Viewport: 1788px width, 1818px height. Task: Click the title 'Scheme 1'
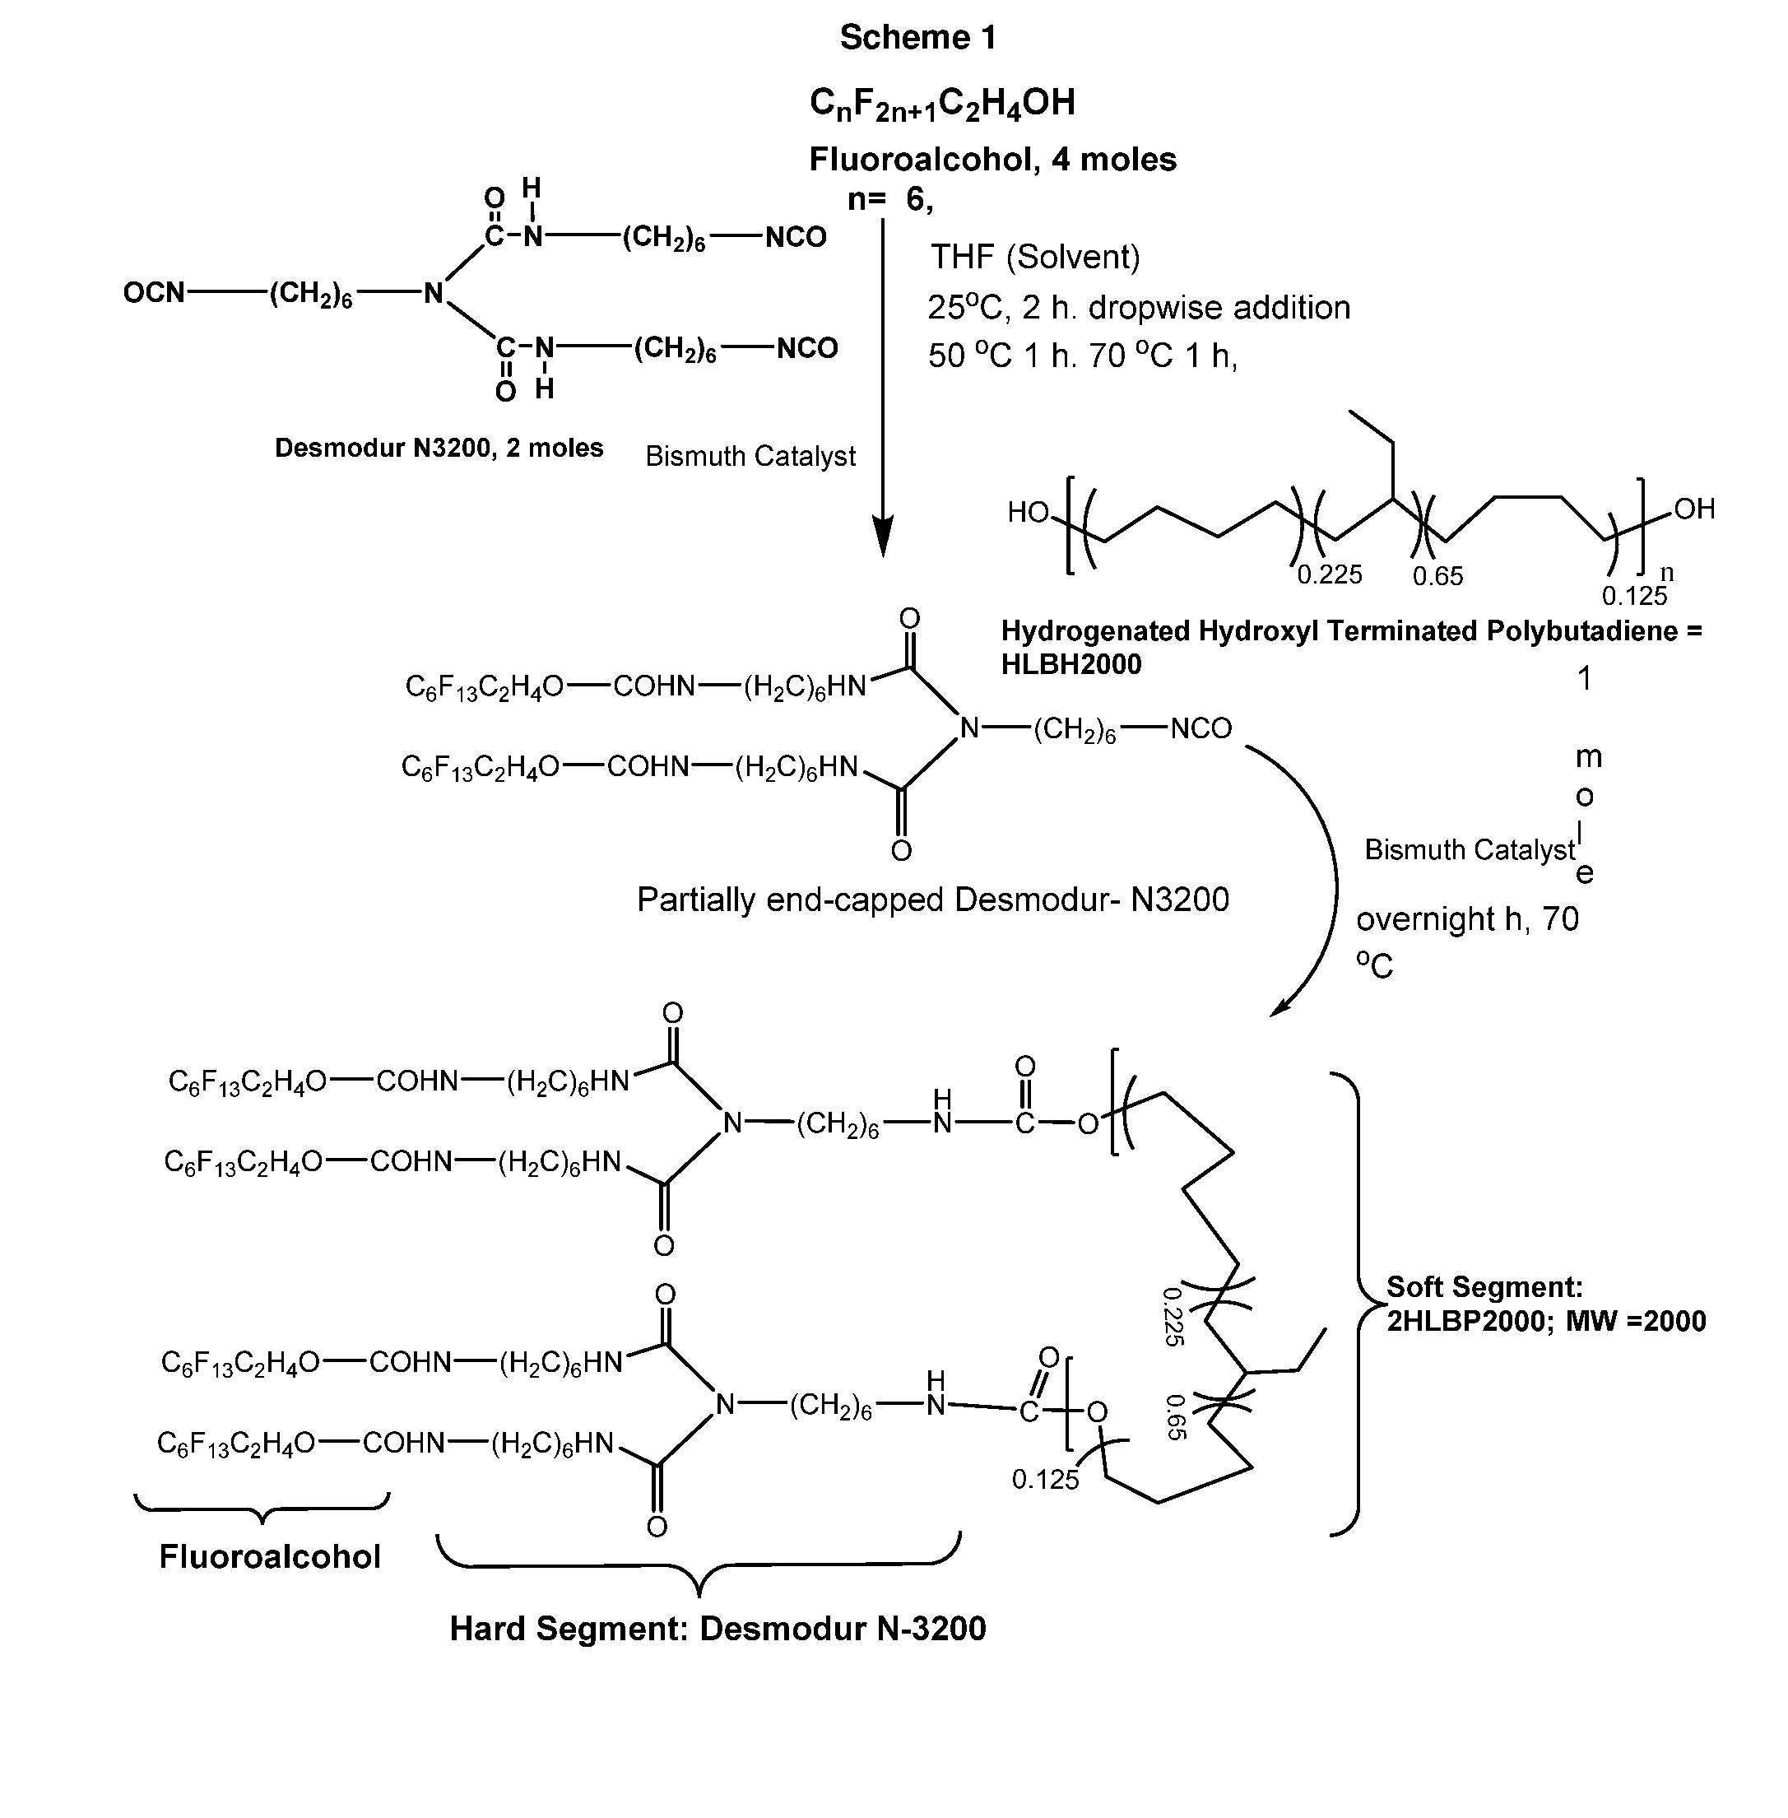point(917,38)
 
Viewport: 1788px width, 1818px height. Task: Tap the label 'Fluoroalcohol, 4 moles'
point(992,160)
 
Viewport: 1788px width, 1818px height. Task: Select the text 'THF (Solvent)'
point(1035,256)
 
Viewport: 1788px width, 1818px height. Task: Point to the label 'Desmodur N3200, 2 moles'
point(439,448)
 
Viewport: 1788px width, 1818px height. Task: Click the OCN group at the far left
point(154,293)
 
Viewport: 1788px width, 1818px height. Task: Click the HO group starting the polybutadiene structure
point(1028,512)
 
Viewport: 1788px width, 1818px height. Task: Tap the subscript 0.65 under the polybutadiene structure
point(1437,575)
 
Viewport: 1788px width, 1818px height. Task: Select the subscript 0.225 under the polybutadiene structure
point(1329,574)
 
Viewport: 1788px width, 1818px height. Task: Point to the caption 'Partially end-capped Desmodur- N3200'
point(932,900)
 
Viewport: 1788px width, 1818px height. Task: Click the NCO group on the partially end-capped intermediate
point(1201,728)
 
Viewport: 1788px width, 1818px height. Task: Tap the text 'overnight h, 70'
point(1467,918)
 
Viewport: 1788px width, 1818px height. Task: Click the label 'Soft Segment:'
point(1484,1286)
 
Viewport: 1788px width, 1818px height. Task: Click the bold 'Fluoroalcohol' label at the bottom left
point(270,1557)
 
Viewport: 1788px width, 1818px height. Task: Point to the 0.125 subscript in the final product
point(1045,1480)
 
